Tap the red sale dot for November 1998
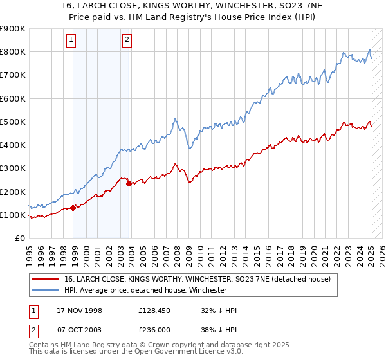pos(73,208)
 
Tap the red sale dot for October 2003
pos(129,183)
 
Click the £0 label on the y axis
pos(19,238)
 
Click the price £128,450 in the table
pos(156,310)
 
